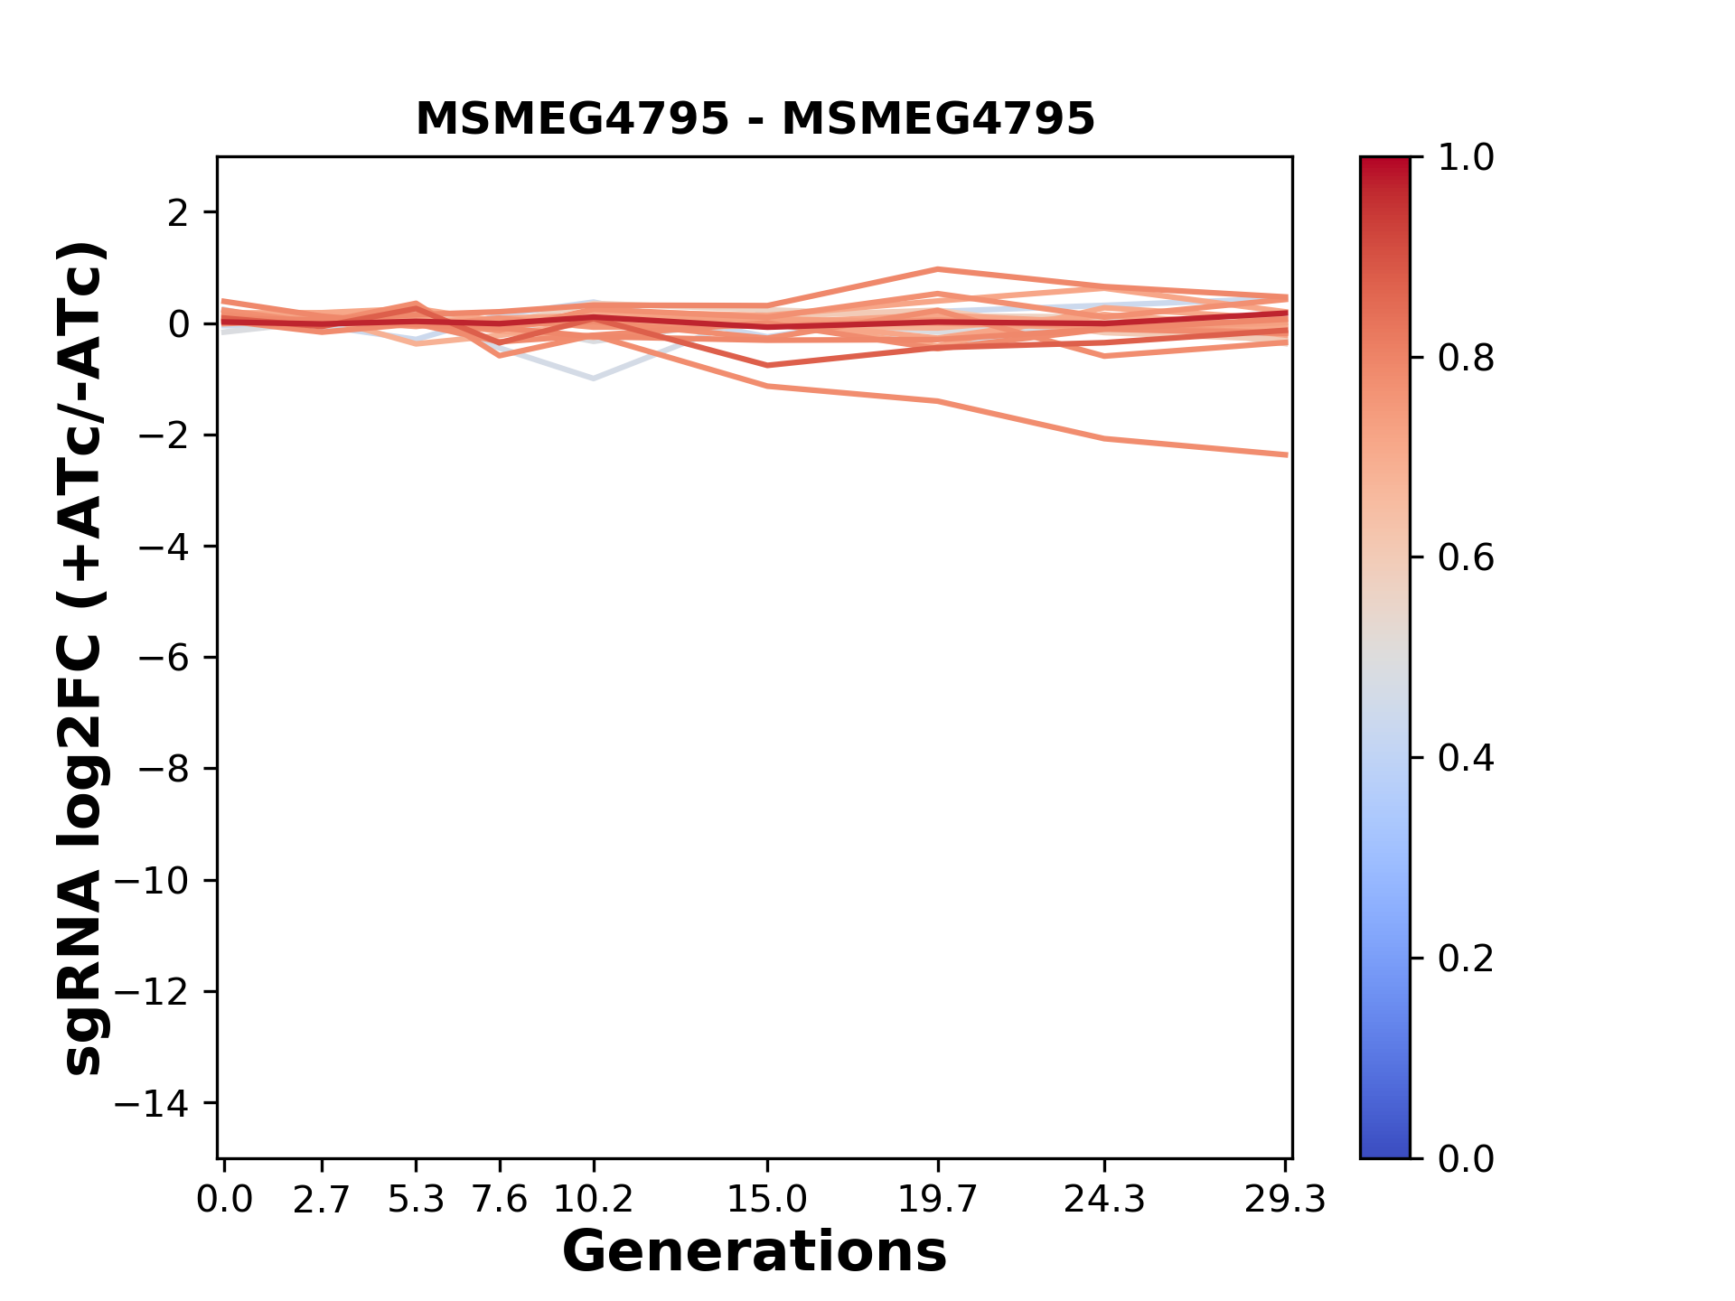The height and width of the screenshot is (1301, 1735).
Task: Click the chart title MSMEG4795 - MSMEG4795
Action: point(755,119)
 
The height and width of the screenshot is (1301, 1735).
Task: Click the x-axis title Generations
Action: point(755,1252)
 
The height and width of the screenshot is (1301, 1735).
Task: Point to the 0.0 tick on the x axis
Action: point(224,1200)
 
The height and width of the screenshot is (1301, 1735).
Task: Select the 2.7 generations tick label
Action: point(322,1200)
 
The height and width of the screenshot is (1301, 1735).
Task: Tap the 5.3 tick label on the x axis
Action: point(416,1200)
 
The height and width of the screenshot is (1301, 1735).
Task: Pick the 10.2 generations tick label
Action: point(593,1200)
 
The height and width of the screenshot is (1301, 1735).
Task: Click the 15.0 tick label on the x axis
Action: point(767,1200)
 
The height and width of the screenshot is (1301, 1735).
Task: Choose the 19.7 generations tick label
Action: point(938,1200)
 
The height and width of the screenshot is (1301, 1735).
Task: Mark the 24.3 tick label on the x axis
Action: point(1104,1200)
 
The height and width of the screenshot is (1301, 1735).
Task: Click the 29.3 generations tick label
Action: point(1285,1200)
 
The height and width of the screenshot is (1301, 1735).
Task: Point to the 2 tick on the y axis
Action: point(178,213)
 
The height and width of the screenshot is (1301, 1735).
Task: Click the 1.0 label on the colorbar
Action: point(1466,158)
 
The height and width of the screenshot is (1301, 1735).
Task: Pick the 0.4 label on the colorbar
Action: point(1466,758)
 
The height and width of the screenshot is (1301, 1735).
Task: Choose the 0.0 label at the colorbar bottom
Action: point(1466,1158)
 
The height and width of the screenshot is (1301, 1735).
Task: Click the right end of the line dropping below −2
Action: point(1285,454)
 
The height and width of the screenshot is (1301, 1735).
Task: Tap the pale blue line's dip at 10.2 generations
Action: point(593,378)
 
